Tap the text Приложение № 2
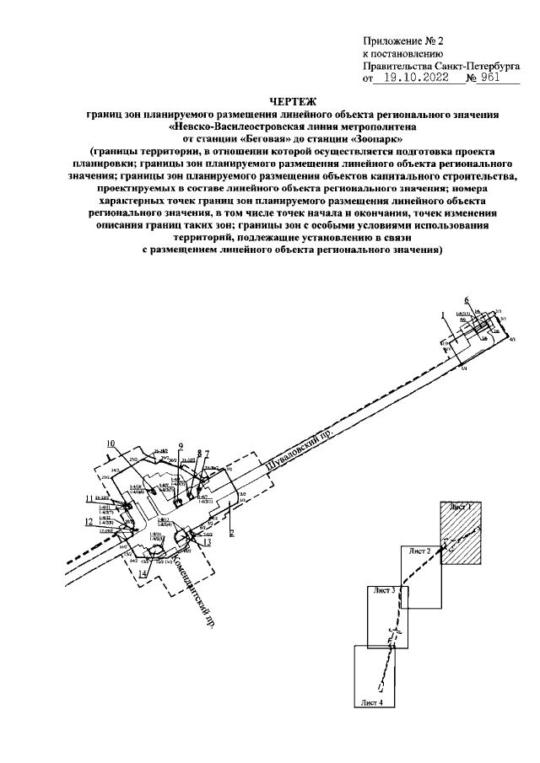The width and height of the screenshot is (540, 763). [402, 40]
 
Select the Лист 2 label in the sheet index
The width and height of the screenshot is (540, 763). [419, 550]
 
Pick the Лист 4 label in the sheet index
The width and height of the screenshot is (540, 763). [370, 701]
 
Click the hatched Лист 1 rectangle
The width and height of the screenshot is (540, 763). [461, 532]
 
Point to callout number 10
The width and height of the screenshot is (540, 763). [110, 443]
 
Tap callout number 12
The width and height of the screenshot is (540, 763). [89, 522]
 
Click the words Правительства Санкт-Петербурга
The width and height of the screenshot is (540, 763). [440, 65]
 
